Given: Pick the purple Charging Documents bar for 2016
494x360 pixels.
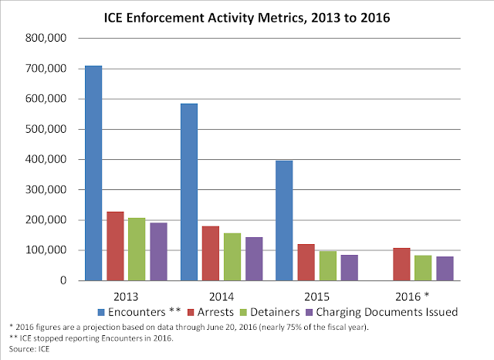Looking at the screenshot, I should (444, 268).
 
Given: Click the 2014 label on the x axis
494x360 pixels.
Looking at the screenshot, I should (221, 295).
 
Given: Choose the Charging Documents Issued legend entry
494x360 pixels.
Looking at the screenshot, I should (398, 312).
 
